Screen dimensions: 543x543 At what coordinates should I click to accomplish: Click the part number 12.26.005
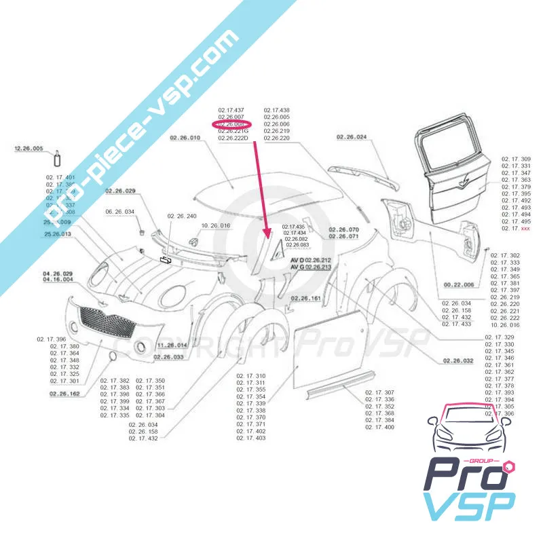(x=29, y=148)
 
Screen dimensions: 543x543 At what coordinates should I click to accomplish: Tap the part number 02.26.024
(x=351, y=138)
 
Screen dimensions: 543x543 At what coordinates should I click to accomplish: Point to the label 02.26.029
(x=120, y=191)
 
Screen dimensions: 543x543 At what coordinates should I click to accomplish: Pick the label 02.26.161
(x=307, y=299)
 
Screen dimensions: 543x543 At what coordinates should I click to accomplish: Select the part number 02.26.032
(x=447, y=361)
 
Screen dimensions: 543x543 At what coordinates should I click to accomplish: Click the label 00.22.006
(x=458, y=284)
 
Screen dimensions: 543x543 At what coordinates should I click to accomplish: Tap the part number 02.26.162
(x=64, y=393)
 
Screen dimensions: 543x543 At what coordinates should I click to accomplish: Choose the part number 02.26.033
(x=169, y=356)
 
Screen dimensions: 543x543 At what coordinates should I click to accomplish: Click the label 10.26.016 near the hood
(x=216, y=225)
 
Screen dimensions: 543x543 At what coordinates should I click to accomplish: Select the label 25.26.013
(x=58, y=234)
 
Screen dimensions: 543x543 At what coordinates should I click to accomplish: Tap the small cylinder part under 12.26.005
(x=57, y=160)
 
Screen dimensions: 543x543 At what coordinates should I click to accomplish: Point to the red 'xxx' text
(x=526, y=229)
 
